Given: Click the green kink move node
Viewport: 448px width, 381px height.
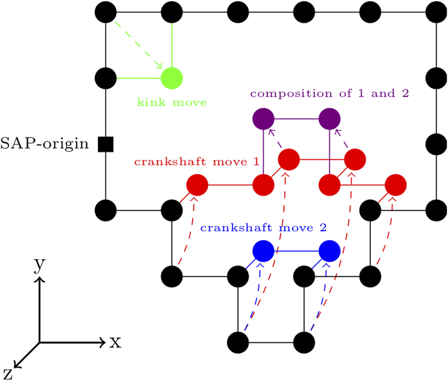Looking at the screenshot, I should click(172, 78).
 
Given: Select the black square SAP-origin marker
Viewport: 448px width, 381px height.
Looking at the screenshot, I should click(106, 144).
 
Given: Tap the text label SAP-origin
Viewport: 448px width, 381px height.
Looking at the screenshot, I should click(45, 144).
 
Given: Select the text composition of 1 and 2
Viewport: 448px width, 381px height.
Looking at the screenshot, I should click(329, 94).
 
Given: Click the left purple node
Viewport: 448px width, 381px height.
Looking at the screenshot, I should click(264, 120).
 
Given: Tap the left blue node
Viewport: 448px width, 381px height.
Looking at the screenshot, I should click(264, 250).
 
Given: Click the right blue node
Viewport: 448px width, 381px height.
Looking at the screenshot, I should click(330, 250).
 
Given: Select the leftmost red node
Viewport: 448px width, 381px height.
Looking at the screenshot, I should click(197, 185).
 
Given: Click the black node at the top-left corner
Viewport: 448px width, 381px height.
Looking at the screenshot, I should click(106, 12).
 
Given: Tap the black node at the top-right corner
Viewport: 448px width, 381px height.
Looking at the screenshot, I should click(437, 12).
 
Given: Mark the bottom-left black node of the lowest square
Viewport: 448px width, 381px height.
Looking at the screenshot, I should click(239, 341).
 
